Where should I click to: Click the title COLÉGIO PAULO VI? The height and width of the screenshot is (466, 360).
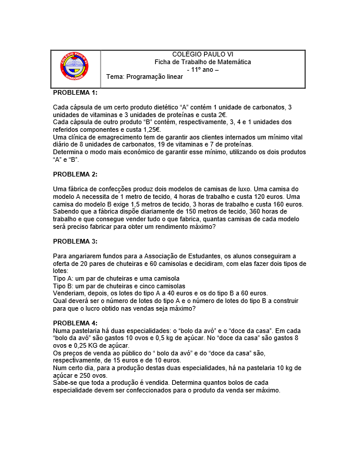[202, 55]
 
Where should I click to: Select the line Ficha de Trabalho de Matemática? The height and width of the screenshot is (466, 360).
[202, 62]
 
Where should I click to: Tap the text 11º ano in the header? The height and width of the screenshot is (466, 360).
[202, 69]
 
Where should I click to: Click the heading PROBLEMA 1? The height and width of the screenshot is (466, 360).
[75, 93]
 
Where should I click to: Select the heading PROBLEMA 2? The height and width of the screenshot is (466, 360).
[75, 174]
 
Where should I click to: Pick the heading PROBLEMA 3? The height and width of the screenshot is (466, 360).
[75, 241]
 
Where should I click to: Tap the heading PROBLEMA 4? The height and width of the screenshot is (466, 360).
[75, 323]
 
